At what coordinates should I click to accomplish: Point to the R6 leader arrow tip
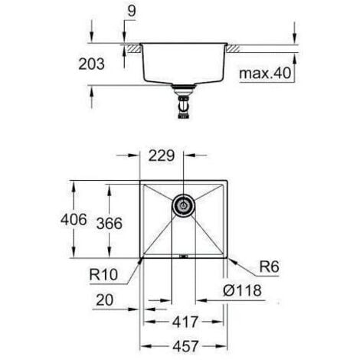click(227, 259)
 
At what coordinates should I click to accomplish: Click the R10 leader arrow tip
click(139, 259)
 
